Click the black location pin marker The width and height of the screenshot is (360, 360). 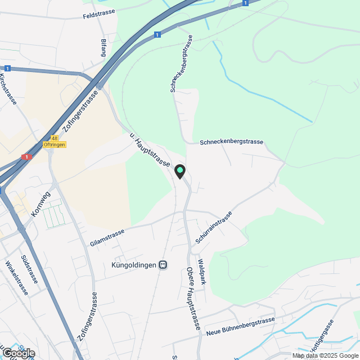coord(180,171)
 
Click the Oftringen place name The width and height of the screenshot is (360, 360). coord(55,145)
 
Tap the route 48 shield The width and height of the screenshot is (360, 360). coord(54,138)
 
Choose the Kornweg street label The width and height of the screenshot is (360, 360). coord(40,204)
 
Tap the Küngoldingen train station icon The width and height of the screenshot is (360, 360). coord(163,264)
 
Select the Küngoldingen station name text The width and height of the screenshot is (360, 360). coord(134,264)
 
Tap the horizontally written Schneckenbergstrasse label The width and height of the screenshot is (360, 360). coord(232,142)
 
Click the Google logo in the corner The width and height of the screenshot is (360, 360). coord(18,353)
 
